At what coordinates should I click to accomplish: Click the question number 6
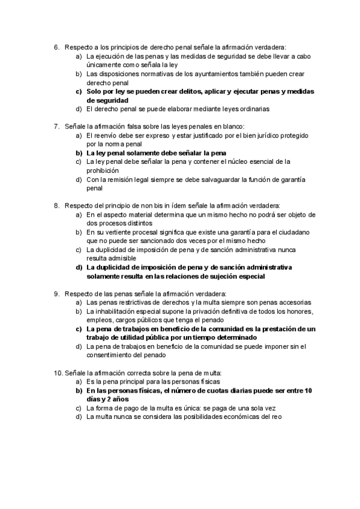click(x=56, y=47)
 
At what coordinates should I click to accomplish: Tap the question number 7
click(x=56, y=127)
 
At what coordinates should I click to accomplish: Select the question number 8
click(x=56, y=206)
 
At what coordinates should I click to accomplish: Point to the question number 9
click(x=56, y=294)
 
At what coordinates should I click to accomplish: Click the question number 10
click(x=58, y=373)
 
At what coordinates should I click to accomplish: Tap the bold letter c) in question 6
click(x=79, y=91)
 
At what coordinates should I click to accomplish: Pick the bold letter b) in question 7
click(x=79, y=153)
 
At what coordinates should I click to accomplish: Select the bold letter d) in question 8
click(x=79, y=267)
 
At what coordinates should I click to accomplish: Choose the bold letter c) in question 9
click(x=79, y=329)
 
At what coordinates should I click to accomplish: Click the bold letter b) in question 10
click(x=79, y=391)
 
